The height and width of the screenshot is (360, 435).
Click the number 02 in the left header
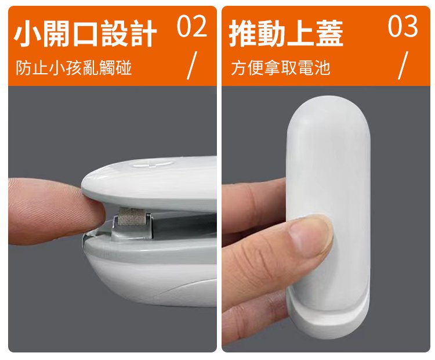[192, 26]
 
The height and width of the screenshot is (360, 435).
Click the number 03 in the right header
[403, 26]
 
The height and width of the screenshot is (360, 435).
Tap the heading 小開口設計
[85, 33]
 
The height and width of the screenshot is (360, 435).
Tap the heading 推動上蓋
[286, 33]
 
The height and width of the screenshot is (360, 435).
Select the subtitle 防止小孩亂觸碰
[74, 68]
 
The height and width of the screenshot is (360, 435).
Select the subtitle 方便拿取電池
[281, 68]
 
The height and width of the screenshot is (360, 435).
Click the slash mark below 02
[192, 65]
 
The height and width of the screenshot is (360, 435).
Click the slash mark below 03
[403, 65]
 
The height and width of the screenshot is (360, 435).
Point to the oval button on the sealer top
[153, 164]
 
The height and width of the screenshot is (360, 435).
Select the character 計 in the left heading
[143, 33]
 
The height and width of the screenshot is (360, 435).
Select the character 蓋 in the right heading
[329, 33]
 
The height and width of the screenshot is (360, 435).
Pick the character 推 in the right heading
[242, 33]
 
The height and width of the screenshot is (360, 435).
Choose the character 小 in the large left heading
[28, 33]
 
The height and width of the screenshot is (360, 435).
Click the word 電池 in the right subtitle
[314, 68]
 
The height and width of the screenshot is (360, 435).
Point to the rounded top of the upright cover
[328, 111]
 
